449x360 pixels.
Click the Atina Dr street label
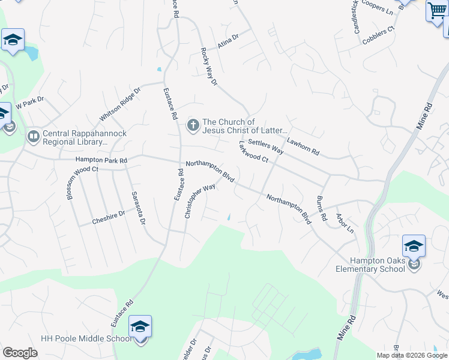(x=228, y=41)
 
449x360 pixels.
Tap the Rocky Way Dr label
(x=209, y=67)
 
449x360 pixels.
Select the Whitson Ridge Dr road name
(x=120, y=103)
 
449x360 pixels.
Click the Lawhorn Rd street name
(x=303, y=146)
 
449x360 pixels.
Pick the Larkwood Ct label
(x=253, y=152)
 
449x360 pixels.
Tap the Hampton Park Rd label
(x=101, y=160)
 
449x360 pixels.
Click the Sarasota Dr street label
(x=139, y=208)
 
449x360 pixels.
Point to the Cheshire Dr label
(x=109, y=218)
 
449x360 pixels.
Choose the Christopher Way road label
(x=200, y=201)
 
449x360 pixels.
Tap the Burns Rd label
(x=321, y=208)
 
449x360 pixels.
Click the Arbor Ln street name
(x=345, y=223)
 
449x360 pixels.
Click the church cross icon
(x=193, y=125)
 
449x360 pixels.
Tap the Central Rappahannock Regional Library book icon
(x=33, y=137)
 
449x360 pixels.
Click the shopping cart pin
(x=436, y=11)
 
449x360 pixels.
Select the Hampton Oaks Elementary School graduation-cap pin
(x=414, y=246)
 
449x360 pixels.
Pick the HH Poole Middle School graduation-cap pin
(x=140, y=327)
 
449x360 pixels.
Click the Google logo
(x=20, y=353)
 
